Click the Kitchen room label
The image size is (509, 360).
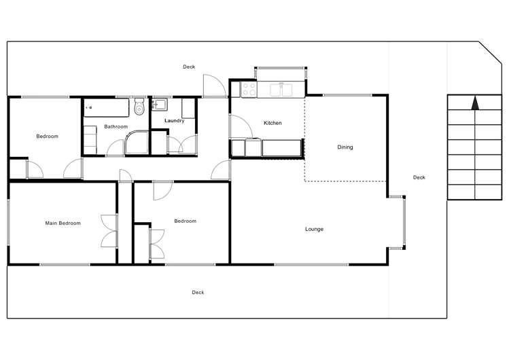click(273, 123)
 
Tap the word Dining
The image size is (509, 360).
click(345, 147)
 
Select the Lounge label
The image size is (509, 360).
click(314, 229)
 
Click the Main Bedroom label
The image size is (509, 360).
click(63, 223)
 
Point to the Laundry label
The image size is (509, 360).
click(175, 121)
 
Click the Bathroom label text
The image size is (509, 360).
click(116, 126)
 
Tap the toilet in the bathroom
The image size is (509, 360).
click(139, 107)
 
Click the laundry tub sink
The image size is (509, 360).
click(160, 105)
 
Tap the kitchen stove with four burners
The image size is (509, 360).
click(249, 89)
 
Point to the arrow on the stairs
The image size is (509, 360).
click(474, 103)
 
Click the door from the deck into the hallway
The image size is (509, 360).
click(213, 86)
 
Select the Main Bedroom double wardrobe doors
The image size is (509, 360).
click(109, 231)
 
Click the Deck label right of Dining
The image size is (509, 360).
click(419, 177)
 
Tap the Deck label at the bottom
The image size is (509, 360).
click(198, 292)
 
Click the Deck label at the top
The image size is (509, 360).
click(189, 67)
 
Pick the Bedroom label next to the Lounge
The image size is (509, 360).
click(185, 221)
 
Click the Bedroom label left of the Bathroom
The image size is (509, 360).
click(47, 136)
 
